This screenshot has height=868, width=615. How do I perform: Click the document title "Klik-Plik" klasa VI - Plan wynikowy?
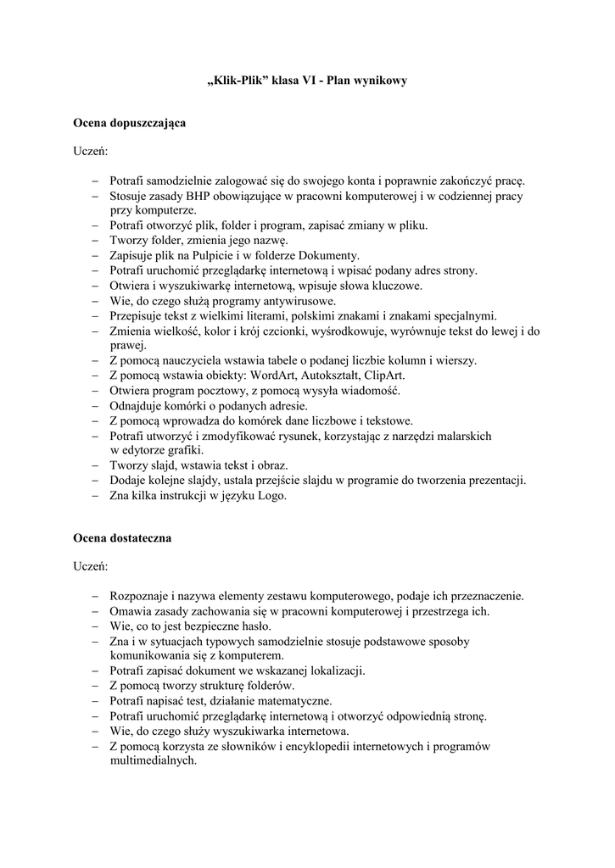coord(307,81)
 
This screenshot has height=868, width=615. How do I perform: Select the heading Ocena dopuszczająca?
coord(129,123)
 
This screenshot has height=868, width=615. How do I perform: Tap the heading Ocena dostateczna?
coord(122,538)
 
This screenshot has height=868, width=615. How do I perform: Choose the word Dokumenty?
coord(330,255)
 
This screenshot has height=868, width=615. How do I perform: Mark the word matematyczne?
coord(286,701)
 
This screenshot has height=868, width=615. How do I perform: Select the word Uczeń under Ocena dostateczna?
coord(90,566)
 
